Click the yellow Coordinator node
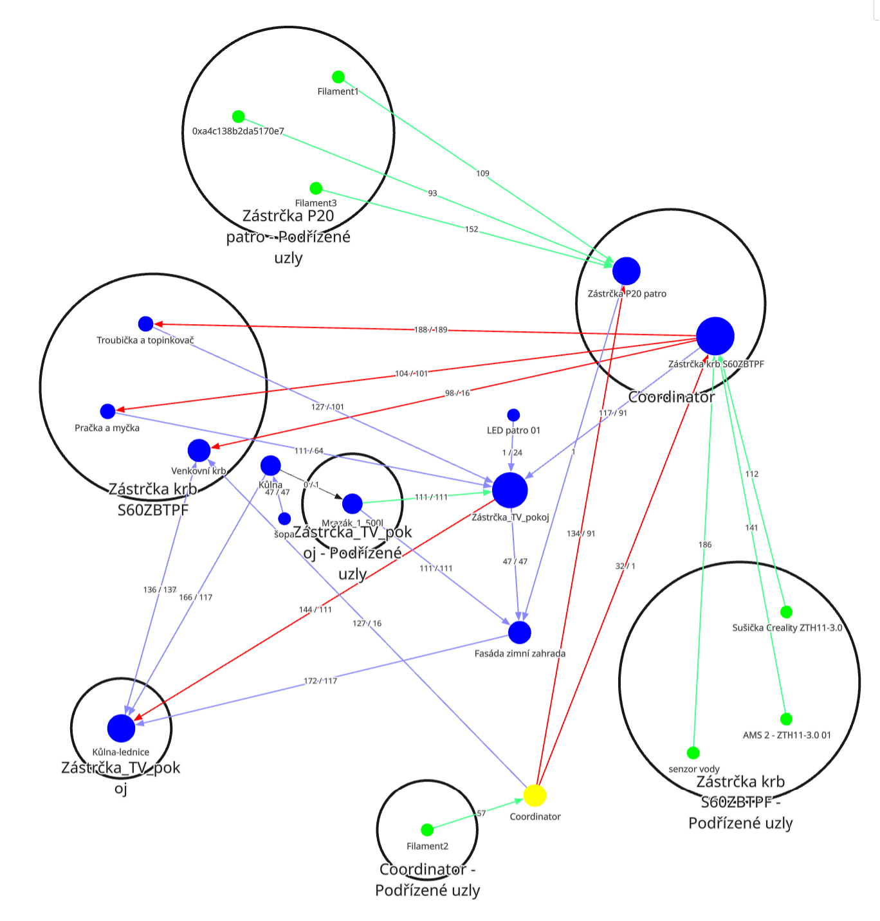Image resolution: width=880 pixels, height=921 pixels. coord(535,796)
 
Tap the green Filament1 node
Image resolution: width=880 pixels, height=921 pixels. coord(338,77)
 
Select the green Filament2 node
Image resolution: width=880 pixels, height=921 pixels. coord(427,830)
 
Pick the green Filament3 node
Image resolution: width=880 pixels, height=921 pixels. coord(316,188)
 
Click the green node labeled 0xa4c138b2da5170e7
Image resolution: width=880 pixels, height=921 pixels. coord(239,116)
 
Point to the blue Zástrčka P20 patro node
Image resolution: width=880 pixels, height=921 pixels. coord(627,271)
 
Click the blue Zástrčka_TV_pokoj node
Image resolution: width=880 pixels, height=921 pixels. coord(510,491)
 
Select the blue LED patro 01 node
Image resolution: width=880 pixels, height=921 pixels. coord(513,415)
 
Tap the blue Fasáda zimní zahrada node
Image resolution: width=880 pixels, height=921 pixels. coord(520,632)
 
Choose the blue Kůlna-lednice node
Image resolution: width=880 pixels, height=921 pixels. coord(121,728)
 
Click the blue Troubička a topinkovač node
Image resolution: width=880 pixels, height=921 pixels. coord(146,324)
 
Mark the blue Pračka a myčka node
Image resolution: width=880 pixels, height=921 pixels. coord(108,411)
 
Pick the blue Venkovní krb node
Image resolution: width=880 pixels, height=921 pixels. coord(199,451)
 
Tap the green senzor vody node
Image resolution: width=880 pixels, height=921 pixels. coord(693,752)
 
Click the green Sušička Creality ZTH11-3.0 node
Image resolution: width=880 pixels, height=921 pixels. coord(786,612)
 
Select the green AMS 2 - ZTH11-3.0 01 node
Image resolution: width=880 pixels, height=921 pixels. coord(786,719)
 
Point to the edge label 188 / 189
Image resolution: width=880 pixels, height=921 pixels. coord(431,330)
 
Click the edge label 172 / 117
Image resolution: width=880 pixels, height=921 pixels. coord(320,681)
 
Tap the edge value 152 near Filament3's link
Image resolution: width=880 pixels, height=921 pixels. coord(472,230)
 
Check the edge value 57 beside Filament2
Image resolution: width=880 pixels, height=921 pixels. coord(481,814)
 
